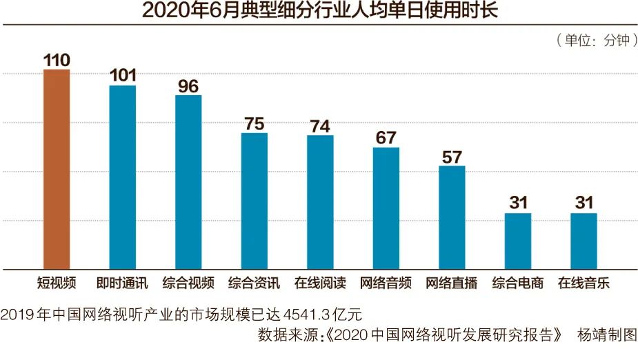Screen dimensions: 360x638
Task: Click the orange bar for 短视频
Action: pyautogui.click(x=57, y=169)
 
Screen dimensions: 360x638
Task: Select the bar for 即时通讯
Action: pyautogui.click(x=123, y=177)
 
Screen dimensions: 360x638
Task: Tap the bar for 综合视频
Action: pyautogui.click(x=188, y=182)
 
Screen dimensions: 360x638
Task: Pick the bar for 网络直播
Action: pyautogui.click(x=452, y=217)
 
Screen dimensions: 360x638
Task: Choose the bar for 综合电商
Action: pyautogui.click(x=518, y=241)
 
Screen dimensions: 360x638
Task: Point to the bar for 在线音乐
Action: pyautogui.click(x=584, y=241)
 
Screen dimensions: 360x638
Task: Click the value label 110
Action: pyautogui.click(x=57, y=60)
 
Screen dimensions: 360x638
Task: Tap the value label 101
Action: pyautogui.click(x=123, y=75)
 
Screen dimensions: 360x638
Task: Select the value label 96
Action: pyautogui.click(x=188, y=86)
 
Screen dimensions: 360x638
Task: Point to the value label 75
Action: pyautogui.click(x=254, y=123)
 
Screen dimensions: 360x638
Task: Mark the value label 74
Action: pyautogui.click(x=320, y=126)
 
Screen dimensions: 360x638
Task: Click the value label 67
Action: pyautogui.click(x=386, y=137)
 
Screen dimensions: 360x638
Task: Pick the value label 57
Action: pyautogui.click(x=452, y=156)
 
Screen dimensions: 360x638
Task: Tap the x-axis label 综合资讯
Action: pyautogui.click(x=254, y=283)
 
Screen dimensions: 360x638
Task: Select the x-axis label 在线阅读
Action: pyautogui.click(x=320, y=283)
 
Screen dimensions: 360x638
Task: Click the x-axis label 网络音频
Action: pyautogui.click(x=386, y=283)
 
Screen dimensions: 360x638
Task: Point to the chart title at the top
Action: pyautogui.click(x=319, y=12)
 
